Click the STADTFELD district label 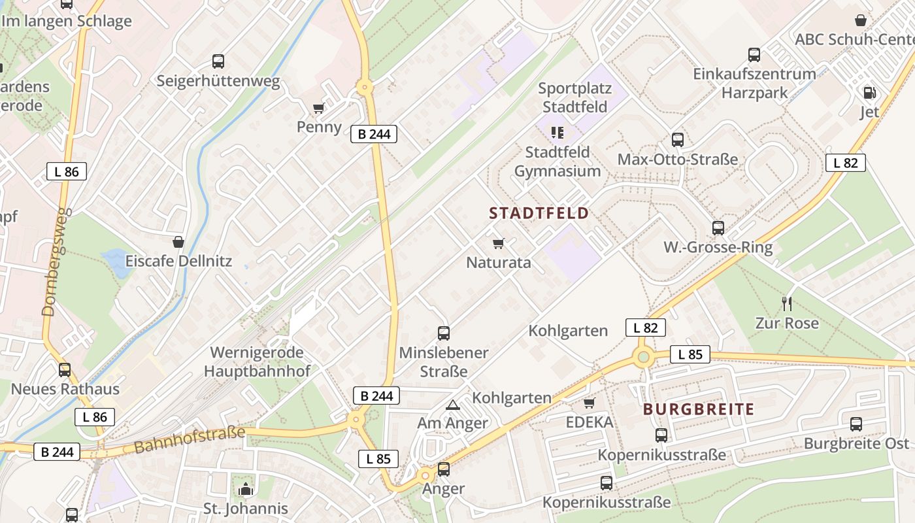pyautogui.click(x=539, y=213)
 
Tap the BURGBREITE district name pyautogui.click(x=699, y=410)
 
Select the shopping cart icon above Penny pyautogui.click(x=319, y=108)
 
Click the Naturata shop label pyautogui.click(x=499, y=263)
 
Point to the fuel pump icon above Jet pyautogui.click(x=869, y=93)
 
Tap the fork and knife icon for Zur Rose pyautogui.click(x=787, y=303)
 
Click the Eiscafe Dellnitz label pyautogui.click(x=178, y=261)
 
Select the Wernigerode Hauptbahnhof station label pyautogui.click(x=257, y=362)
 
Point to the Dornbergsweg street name pyautogui.click(x=54, y=261)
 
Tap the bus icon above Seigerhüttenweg pyautogui.click(x=218, y=61)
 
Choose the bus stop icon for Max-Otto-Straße pyautogui.click(x=678, y=139)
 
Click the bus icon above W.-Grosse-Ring pyautogui.click(x=718, y=228)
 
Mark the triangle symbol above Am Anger pyautogui.click(x=452, y=405)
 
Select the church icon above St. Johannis pyautogui.click(x=246, y=488)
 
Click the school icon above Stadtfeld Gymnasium pyautogui.click(x=557, y=133)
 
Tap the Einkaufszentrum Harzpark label pyautogui.click(x=755, y=83)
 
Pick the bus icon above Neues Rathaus pyautogui.click(x=65, y=369)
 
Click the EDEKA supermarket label pyautogui.click(x=590, y=422)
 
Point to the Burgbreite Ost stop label pyautogui.click(x=856, y=443)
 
